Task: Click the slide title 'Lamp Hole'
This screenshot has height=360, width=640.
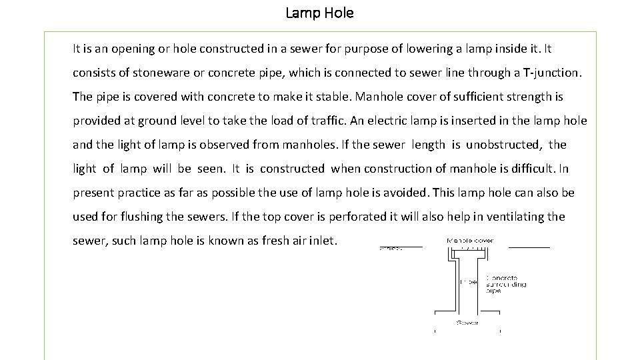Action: [319, 13]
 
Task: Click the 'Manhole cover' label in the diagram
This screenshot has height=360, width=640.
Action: [470, 240]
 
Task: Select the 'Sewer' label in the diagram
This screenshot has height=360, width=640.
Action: [467, 323]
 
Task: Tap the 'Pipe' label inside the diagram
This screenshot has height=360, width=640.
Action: [469, 281]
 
